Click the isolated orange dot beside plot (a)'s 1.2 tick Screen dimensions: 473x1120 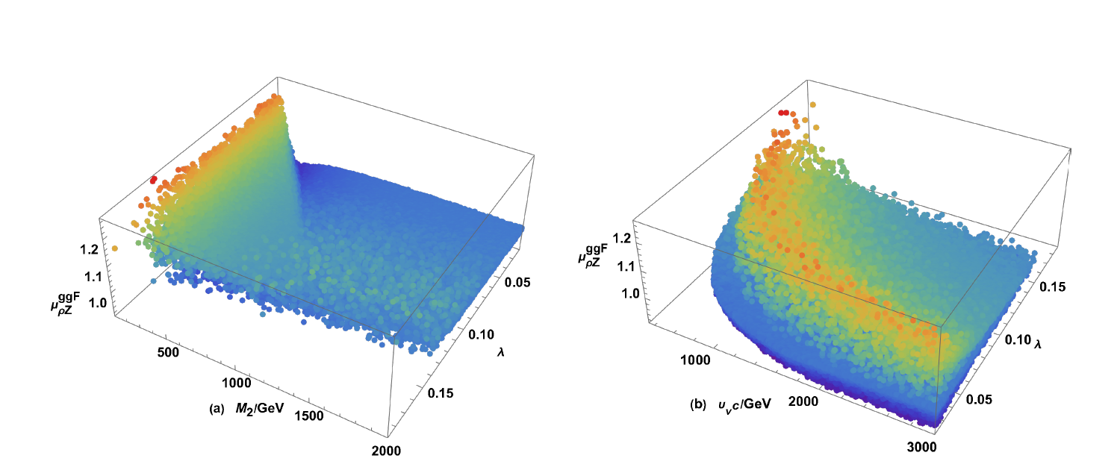(x=115, y=248)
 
